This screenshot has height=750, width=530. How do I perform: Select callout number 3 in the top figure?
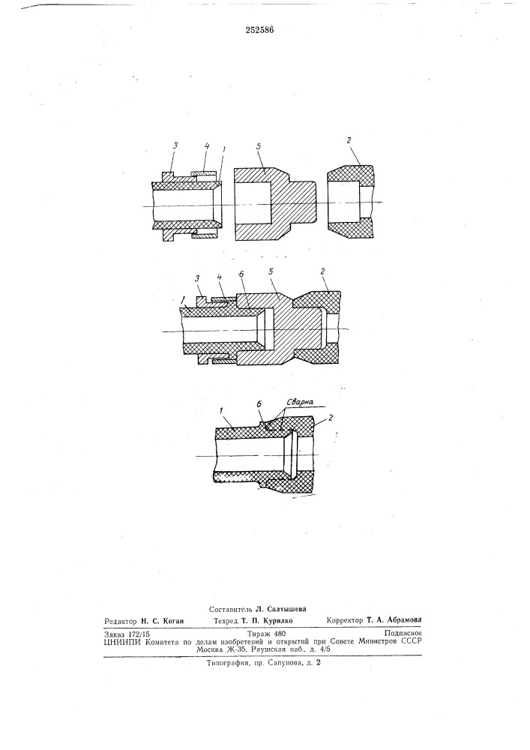pyautogui.click(x=175, y=146)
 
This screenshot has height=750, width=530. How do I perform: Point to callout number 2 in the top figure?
pyautogui.click(x=349, y=141)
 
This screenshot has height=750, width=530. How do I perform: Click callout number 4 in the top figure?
pyautogui.click(x=206, y=146)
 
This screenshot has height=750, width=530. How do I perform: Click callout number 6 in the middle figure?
pyautogui.click(x=241, y=274)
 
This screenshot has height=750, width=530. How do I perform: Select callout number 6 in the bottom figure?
pyautogui.click(x=259, y=405)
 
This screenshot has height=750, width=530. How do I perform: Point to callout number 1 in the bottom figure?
pyautogui.click(x=221, y=410)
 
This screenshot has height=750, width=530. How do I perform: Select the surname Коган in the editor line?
pyautogui.click(x=173, y=620)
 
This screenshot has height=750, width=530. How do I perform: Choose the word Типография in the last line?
pyautogui.click(x=227, y=664)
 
